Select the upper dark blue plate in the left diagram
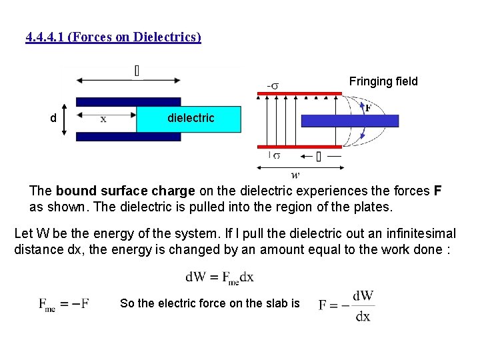point(128,102)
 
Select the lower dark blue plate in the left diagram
point(128,137)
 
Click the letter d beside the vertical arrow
point(53,119)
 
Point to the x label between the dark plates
point(103,119)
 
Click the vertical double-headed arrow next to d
point(65,119)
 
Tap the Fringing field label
point(383,81)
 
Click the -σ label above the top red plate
point(273,85)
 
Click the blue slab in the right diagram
point(349,121)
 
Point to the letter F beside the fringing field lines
point(367,108)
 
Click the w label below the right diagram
point(296,175)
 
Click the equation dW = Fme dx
point(219,277)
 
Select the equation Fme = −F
point(64,305)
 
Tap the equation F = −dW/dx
point(345,305)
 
